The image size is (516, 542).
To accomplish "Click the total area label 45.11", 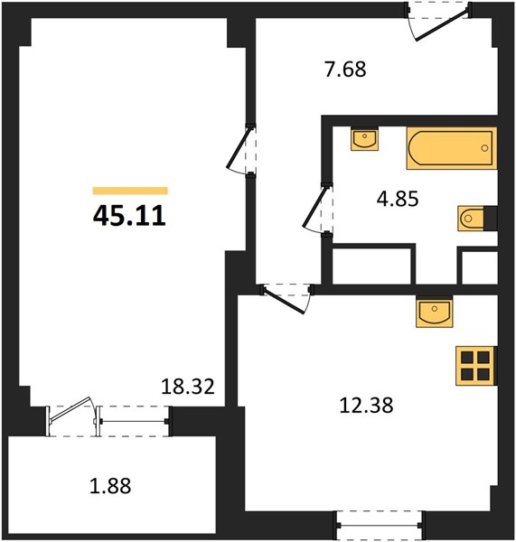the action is click(x=130, y=216).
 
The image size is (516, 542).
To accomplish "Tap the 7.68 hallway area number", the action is click(x=345, y=70).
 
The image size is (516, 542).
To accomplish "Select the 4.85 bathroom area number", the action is click(x=398, y=199).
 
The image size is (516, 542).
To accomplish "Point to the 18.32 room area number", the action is click(x=188, y=387).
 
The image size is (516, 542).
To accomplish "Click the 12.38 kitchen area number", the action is click(x=367, y=405).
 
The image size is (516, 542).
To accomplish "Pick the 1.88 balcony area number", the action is click(x=110, y=486).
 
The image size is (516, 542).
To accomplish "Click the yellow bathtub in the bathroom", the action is click(x=452, y=148).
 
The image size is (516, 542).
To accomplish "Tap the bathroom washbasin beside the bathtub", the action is click(x=364, y=138).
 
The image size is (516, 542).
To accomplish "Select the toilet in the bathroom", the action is click(x=477, y=218).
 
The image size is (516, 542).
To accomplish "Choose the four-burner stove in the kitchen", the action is click(x=476, y=366).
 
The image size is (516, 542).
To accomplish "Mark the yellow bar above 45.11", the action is click(x=130, y=191).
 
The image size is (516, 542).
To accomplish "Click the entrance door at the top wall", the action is click(x=438, y=21).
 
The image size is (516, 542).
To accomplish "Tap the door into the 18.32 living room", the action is click(x=241, y=150).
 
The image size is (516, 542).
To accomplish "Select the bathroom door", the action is click(x=318, y=210).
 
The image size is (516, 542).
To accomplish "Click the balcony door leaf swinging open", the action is click(x=70, y=410).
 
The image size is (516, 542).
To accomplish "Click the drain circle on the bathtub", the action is click(x=485, y=148).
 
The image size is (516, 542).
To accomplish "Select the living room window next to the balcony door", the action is click(x=134, y=421).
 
